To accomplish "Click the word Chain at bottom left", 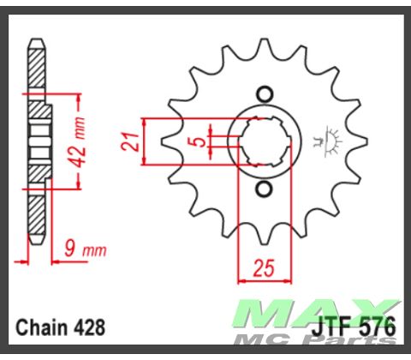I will (x=39, y=328).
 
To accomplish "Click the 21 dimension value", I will (x=130, y=141).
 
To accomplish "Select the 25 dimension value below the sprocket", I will (x=263, y=267).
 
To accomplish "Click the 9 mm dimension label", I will (x=84, y=250).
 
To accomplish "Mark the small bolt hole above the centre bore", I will (x=265, y=93).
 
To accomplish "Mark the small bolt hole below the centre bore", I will (x=265, y=189).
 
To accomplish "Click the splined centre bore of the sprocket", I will (x=265, y=141).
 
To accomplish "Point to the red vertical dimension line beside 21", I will (x=147, y=141).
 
